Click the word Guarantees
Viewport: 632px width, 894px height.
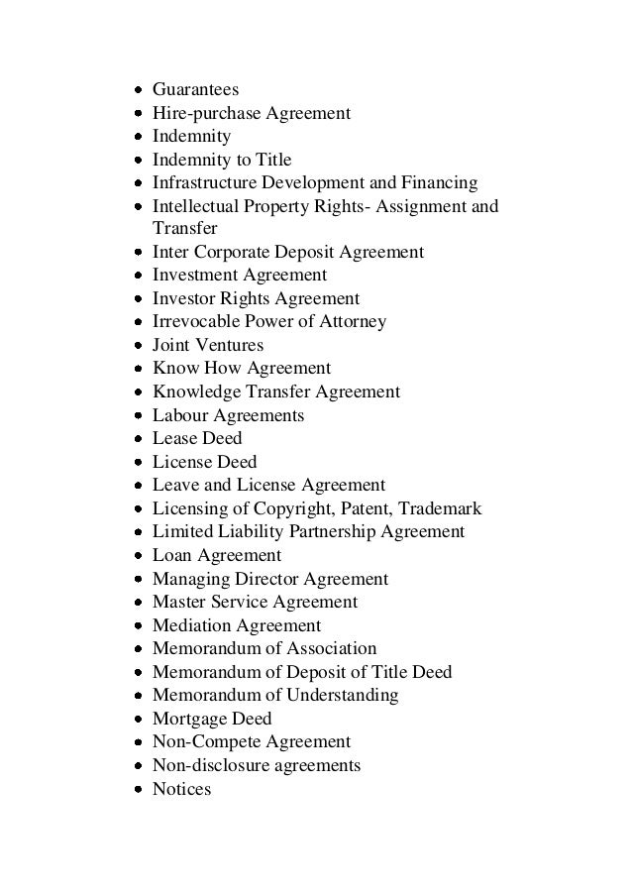coord(196,90)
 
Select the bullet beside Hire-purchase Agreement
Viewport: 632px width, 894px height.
coord(139,114)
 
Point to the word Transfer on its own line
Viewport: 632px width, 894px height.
coord(184,229)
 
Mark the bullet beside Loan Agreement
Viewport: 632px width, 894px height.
coord(139,556)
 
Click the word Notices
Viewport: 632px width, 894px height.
coord(181,790)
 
